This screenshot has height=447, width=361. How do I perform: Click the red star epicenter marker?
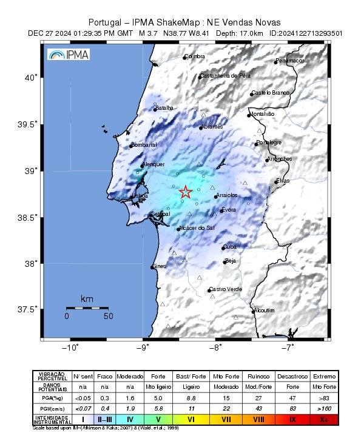pos(186,192)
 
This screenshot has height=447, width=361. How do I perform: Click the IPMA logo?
pos(69,55)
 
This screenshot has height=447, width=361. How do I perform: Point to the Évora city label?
pos(229,210)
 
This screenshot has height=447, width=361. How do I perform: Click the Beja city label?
pos(230,261)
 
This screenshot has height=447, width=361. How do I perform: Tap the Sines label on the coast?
pos(158,266)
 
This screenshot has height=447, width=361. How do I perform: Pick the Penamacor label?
pos(289,61)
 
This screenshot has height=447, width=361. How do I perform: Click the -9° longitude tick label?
pos(143,348)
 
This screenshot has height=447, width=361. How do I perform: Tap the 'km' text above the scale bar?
pos(87,299)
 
